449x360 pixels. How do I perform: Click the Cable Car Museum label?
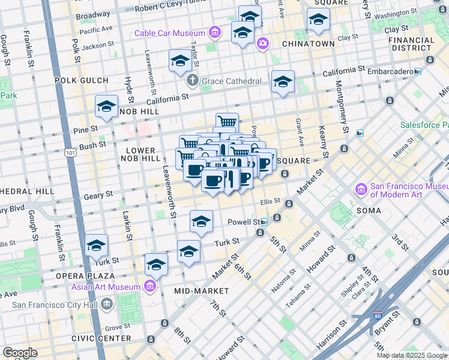[x=170, y=33]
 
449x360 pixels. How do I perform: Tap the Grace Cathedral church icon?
[x=192, y=80]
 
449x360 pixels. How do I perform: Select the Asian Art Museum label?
[x=106, y=286]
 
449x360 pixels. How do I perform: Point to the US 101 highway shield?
[x=71, y=146]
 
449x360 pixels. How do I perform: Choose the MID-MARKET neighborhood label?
[x=202, y=291]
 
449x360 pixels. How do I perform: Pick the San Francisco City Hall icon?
[x=106, y=304]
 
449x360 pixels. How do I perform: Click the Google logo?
[x=19, y=353]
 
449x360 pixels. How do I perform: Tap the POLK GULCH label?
[x=81, y=80]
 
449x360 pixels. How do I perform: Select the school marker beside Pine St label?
[x=106, y=107]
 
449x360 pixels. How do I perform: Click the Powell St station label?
[x=243, y=222]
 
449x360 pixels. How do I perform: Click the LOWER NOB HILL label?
[x=141, y=154]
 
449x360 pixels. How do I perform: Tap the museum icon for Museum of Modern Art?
[x=361, y=190]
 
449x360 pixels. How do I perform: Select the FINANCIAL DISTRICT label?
[x=411, y=44]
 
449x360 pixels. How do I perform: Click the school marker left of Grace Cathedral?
[x=179, y=61]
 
